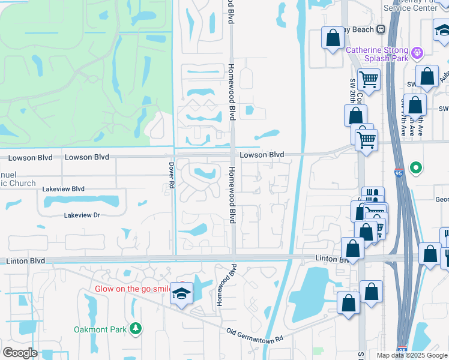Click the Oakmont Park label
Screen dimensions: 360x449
pyautogui.click(x=100, y=329)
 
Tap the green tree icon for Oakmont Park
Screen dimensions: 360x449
pyautogui.click(x=136, y=328)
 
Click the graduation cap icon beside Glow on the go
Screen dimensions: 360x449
pyautogui.click(x=181, y=293)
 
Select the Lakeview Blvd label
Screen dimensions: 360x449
pyautogui.click(x=63, y=188)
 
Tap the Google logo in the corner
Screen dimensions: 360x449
pyautogui.click(x=20, y=353)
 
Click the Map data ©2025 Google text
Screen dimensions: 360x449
pyautogui.click(x=412, y=355)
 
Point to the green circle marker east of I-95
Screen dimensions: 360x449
pyautogui.click(x=415, y=167)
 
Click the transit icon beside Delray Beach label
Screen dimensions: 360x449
pyautogui.click(x=381, y=29)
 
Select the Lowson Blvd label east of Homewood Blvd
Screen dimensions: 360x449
pyautogui.click(x=262, y=155)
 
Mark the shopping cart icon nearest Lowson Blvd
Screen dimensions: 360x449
pyautogui.click(x=366, y=140)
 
